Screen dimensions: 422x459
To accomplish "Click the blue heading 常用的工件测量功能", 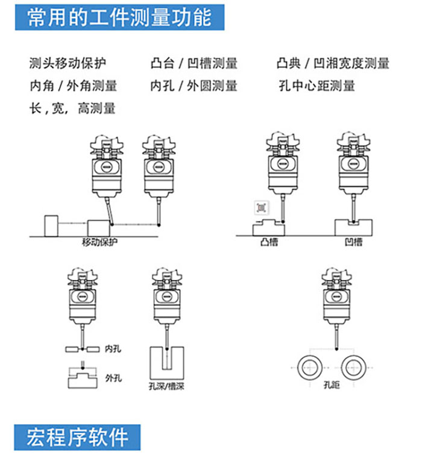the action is (x=119, y=17).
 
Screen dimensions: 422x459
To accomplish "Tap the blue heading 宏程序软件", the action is (x=77, y=437).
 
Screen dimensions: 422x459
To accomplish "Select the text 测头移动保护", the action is (x=68, y=63).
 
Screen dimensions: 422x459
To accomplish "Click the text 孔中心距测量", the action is (x=316, y=86).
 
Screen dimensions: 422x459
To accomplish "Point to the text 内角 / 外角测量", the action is (x=74, y=86).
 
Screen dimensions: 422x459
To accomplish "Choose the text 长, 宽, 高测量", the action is (x=72, y=108).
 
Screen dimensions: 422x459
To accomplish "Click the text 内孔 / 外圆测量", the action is (x=194, y=86).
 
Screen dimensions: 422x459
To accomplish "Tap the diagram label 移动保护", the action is (x=99, y=242).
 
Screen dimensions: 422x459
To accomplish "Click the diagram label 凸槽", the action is (x=269, y=242).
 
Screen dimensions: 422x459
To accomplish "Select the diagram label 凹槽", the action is (x=354, y=242).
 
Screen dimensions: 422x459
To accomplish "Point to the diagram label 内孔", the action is (x=113, y=349).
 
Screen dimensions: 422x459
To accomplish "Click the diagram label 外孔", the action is (x=113, y=378).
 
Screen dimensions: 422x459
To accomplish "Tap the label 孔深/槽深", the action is (x=166, y=386).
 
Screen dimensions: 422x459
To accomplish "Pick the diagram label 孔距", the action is (x=332, y=385).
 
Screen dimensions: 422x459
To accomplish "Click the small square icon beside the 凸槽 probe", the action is (x=262, y=208).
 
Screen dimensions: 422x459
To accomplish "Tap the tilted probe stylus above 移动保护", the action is (x=109, y=211).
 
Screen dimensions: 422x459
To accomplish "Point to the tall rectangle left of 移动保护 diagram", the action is (x=51, y=226).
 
